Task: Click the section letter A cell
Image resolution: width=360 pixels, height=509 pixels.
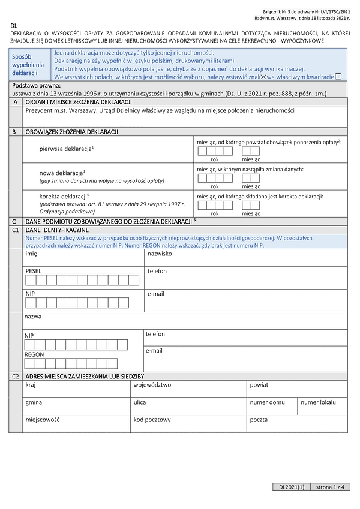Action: (14, 103)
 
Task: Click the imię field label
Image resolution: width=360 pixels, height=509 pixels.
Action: (31, 254)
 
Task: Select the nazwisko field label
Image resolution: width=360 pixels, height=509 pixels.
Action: (160, 254)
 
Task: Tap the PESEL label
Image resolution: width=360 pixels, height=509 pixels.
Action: (34, 271)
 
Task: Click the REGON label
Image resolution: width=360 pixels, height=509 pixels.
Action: (34, 355)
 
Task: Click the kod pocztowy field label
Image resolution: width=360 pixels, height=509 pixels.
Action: (152, 420)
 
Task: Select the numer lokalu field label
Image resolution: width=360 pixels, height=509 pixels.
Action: (319, 402)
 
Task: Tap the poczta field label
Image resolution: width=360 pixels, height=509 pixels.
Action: (259, 420)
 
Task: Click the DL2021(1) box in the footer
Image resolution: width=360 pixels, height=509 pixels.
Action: (292, 487)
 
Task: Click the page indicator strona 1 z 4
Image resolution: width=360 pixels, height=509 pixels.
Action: (332, 487)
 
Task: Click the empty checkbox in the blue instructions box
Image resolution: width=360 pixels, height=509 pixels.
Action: (338, 76)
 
